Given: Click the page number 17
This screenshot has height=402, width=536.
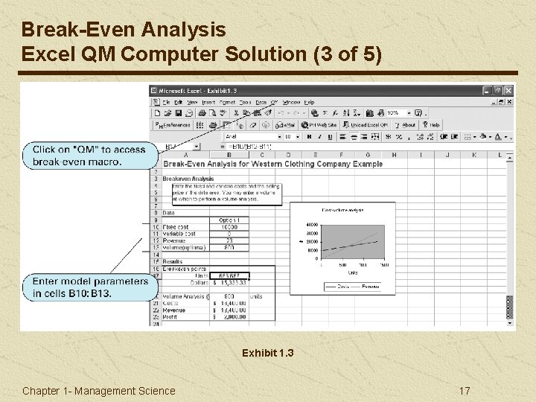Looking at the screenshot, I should [465, 391].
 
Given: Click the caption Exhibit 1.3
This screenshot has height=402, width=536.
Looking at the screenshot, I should [267, 353].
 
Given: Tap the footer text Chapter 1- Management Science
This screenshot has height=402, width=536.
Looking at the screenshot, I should [99, 391].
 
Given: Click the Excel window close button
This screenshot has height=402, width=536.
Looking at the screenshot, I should [509, 90].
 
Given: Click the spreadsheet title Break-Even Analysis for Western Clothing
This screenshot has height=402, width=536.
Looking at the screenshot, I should [272, 164].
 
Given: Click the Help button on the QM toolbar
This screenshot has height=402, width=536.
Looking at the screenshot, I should [431, 125].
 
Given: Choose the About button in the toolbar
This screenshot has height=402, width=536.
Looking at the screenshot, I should [406, 125].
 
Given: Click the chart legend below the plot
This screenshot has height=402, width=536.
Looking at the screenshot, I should [351, 285].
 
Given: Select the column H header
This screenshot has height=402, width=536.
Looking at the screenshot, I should [394, 155].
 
